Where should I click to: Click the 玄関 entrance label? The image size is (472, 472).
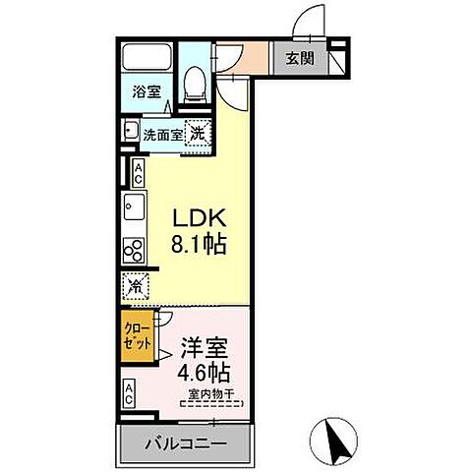pos(300,59)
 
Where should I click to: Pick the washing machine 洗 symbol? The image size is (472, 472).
pos(198,132)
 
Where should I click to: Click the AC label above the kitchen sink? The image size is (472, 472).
pos(138,173)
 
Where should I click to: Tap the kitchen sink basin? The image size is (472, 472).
pos(133,207)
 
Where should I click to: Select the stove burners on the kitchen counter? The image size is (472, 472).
pos(133,250)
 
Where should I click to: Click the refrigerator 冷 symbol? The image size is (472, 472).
pos(135,285)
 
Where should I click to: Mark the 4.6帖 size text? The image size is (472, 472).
pos(205,374)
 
